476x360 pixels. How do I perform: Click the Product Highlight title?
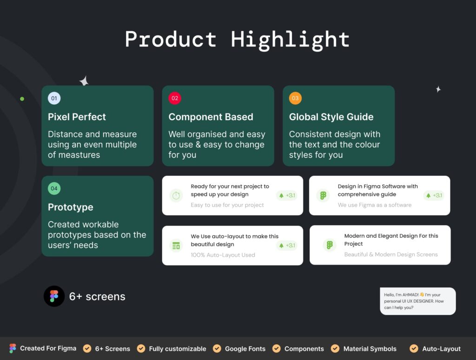pyautogui.click(x=238, y=40)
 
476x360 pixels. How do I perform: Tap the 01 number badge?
pyautogui.click(x=54, y=98)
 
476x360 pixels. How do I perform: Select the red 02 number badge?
pyautogui.click(x=175, y=98)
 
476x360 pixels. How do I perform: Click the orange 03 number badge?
pyautogui.click(x=295, y=98)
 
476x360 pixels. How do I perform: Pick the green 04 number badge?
pyautogui.click(x=54, y=188)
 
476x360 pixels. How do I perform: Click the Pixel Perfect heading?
pyautogui.click(x=77, y=117)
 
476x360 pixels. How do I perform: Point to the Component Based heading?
pyautogui.click(x=211, y=117)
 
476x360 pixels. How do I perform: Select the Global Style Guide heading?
pyautogui.click(x=331, y=117)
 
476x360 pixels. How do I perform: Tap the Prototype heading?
pyautogui.click(x=70, y=207)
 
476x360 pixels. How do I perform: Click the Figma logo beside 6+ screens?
pyautogui.click(x=54, y=296)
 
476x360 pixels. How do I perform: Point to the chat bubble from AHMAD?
pyautogui.click(x=417, y=301)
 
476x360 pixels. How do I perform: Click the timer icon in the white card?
pyautogui.click(x=175, y=196)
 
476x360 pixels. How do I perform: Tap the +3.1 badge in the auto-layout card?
pyautogui.click(x=287, y=246)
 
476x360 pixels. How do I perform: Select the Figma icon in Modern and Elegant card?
pyautogui.click(x=330, y=245)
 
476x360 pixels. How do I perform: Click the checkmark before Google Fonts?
pyautogui.click(x=217, y=348)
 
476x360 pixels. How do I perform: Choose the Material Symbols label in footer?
pyautogui.click(x=370, y=348)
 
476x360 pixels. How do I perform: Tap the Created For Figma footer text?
pyautogui.click(x=48, y=348)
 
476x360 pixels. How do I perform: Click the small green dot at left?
pyautogui.click(x=22, y=99)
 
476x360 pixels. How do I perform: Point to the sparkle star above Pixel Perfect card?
pyautogui.click(x=84, y=82)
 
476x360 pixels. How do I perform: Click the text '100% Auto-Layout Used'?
pyautogui.click(x=223, y=255)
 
